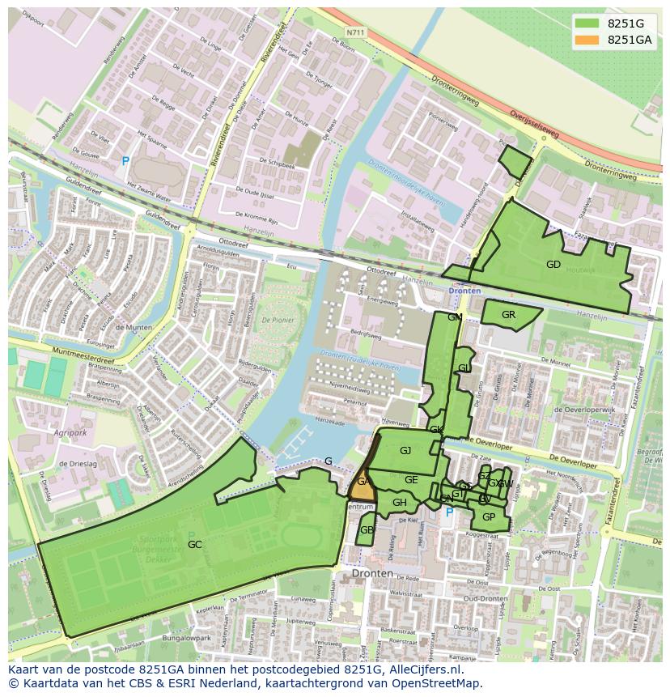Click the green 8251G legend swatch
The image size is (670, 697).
click(x=588, y=23)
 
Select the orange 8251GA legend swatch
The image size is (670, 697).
click(x=588, y=40)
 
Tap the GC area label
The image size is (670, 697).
click(x=195, y=545)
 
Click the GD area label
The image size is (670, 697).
click(x=553, y=265)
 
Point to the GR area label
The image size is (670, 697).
click(x=508, y=315)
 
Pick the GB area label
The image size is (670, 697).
click(x=367, y=530)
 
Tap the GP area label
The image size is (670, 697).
click(x=488, y=517)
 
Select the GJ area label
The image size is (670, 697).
click(x=405, y=451)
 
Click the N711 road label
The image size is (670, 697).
click(x=354, y=32)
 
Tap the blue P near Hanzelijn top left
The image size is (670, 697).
click(x=125, y=162)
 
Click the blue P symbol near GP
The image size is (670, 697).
click(x=450, y=512)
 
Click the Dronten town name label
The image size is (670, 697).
click(x=372, y=573)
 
